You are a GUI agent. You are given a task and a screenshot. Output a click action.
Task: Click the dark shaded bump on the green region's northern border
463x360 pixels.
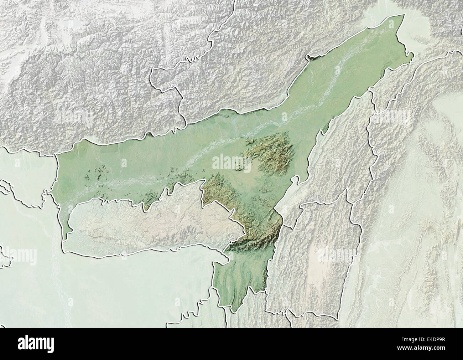tap(313, 56)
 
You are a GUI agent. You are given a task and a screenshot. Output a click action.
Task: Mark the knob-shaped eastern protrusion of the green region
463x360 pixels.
tap(410, 57)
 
